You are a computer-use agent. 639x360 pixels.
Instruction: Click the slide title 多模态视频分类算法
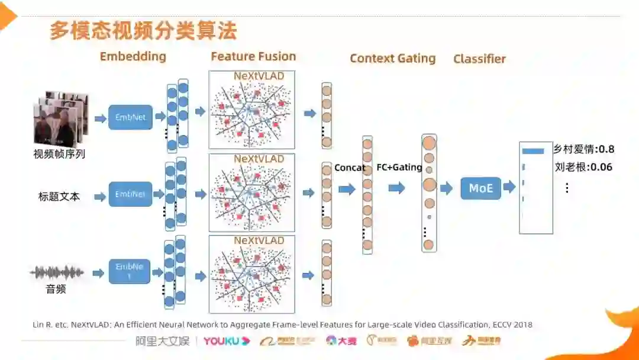(x=143, y=31)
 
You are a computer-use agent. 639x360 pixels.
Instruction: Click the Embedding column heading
(x=133, y=57)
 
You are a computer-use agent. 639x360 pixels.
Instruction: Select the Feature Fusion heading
(x=253, y=57)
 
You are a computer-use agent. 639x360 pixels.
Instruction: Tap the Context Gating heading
(x=392, y=59)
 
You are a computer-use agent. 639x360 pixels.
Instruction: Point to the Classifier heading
(x=479, y=59)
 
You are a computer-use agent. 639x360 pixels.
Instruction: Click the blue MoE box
(x=480, y=188)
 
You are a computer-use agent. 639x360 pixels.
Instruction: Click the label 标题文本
(x=59, y=197)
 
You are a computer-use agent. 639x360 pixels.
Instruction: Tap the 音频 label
(x=56, y=290)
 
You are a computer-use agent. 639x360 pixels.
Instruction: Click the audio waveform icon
(x=57, y=273)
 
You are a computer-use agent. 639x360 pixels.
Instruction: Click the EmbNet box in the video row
(x=130, y=117)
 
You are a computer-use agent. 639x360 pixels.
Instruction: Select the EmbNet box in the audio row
(x=130, y=271)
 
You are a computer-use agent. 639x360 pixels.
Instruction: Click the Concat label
(x=350, y=168)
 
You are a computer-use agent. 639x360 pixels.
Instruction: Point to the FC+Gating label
(x=399, y=168)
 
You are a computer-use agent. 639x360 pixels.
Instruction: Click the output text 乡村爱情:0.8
(x=583, y=149)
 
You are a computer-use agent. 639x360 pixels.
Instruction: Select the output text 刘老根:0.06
(x=583, y=167)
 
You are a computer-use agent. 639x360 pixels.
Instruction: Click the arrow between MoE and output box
(x=509, y=188)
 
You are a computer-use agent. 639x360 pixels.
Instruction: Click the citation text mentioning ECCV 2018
(x=282, y=324)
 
